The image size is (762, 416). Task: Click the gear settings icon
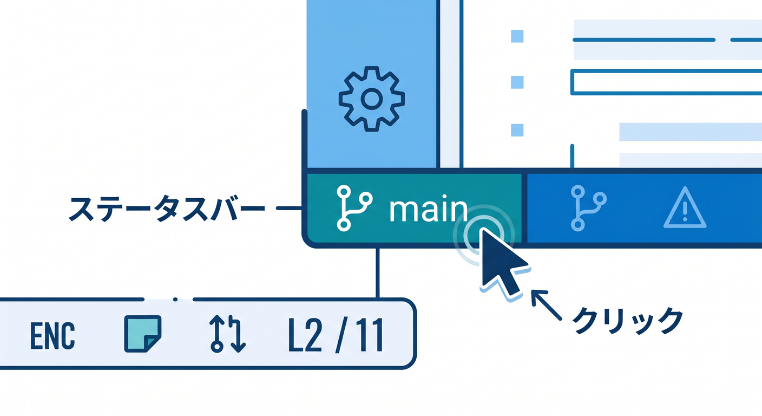click(x=371, y=99)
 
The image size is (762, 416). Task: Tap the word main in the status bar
click(x=429, y=210)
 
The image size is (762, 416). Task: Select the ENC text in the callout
click(x=52, y=336)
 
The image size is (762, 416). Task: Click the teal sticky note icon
click(x=142, y=334)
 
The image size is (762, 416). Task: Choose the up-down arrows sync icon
click(x=227, y=334)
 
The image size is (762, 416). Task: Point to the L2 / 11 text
click(x=336, y=336)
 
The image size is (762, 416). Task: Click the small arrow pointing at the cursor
click(x=546, y=304)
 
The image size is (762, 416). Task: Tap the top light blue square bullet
click(x=517, y=36)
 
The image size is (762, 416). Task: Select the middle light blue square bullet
click(x=517, y=82)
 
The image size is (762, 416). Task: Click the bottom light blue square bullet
click(x=517, y=130)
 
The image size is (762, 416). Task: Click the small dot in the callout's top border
click(x=175, y=300)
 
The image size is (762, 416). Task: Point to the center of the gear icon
click(x=371, y=99)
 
